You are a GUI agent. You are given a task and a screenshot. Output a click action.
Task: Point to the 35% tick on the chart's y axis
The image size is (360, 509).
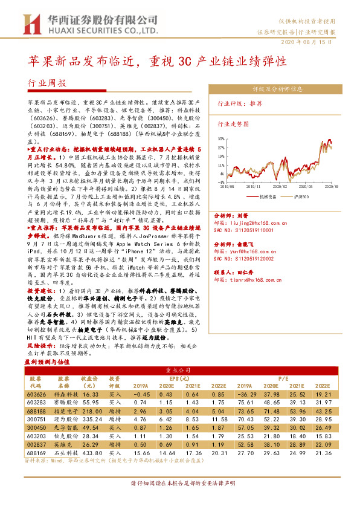tap(221, 139)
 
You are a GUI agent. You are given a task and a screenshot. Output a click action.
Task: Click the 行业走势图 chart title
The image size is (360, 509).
tap(233, 123)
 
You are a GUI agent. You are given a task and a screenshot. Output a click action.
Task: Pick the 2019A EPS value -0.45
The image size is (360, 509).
tap(141, 394)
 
